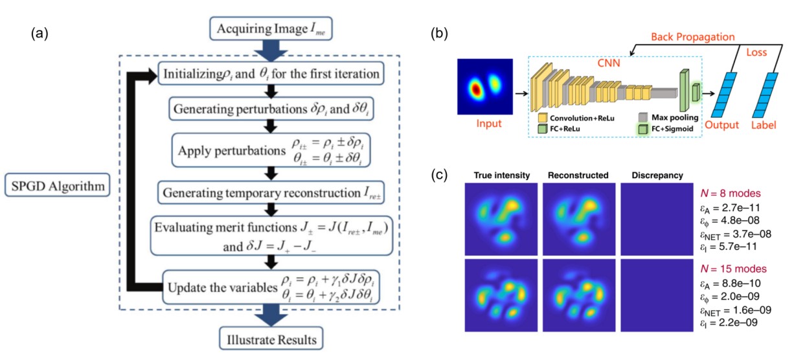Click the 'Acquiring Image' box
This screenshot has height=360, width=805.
(271, 28)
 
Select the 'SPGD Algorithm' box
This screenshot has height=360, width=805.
(58, 185)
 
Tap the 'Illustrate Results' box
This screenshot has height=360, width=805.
(271, 339)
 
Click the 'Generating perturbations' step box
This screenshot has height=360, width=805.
(271, 109)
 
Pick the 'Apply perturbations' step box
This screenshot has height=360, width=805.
(271, 150)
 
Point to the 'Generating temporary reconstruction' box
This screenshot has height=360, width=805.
(271, 192)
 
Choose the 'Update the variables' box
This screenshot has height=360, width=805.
(271, 287)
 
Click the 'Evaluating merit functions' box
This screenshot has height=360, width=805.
(271, 236)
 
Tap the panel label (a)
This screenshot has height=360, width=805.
(40, 34)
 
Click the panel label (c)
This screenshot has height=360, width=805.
(439, 175)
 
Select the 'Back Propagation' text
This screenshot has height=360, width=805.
(692, 37)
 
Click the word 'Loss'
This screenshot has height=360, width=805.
(756, 52)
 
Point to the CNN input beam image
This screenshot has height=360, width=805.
(485, 87)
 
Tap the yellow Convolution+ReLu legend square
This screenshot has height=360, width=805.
(542, 118)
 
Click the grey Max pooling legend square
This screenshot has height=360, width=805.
(643, 117)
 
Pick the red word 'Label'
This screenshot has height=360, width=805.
(764, 125)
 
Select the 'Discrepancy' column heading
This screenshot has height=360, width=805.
(657, 175)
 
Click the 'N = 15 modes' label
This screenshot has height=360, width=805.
(734, 269)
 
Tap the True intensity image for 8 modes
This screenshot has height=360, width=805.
(501, 219)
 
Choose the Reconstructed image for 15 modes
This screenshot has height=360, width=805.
(579, 295)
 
